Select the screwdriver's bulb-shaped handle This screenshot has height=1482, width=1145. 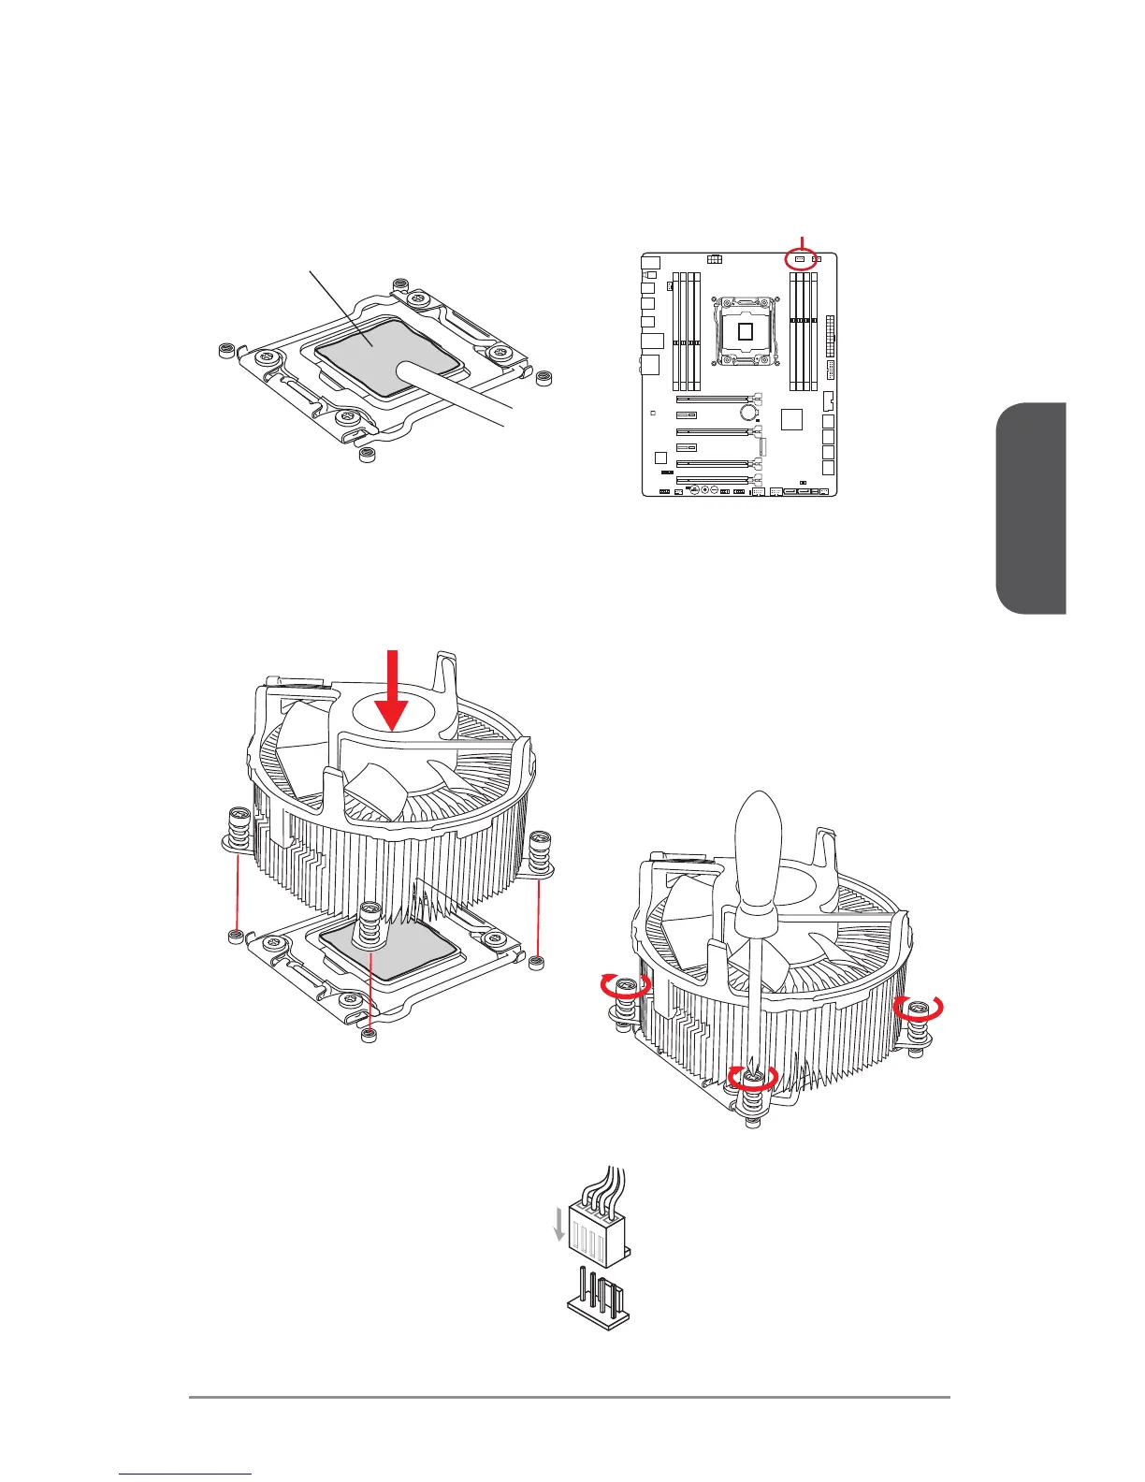(759, 854)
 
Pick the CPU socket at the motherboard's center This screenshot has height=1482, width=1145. (745, 331)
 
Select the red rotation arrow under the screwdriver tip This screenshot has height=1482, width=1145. (753, 1078)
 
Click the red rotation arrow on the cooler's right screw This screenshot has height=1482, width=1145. (919, 1008)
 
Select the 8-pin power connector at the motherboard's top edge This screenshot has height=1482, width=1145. (715, 257)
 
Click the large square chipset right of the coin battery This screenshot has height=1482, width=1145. (792, 418)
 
